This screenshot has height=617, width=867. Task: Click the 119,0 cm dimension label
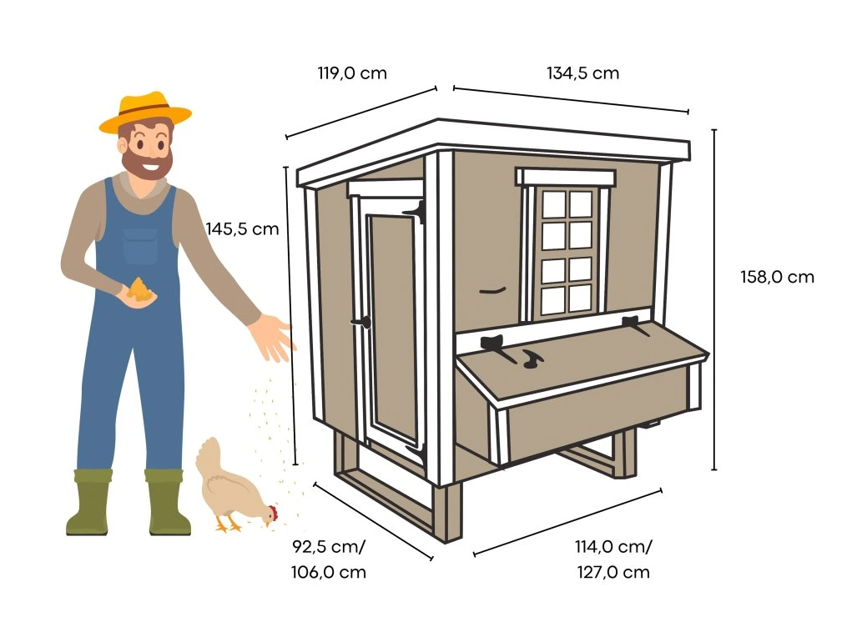(352, 73)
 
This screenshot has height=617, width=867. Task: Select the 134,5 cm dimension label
(582, 73)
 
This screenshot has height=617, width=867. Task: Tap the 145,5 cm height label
(242, 228)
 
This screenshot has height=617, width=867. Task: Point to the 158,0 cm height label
(777, 277)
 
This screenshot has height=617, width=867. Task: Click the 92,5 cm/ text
(329, 547)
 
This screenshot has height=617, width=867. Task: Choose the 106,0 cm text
(329, 572)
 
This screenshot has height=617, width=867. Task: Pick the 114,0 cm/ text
(613, 547)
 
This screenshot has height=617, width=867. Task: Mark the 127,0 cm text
(613, 572)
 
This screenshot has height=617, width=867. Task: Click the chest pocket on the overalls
(140, 246)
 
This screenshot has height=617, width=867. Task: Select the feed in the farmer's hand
(139, 289)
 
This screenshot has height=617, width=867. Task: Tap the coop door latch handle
(362, 322)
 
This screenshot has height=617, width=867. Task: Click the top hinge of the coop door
(416, 212)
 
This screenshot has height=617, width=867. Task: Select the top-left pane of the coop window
(553, 204)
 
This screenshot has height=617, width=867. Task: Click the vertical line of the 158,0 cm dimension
(714, 300)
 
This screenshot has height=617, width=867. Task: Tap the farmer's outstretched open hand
(270, 337)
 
